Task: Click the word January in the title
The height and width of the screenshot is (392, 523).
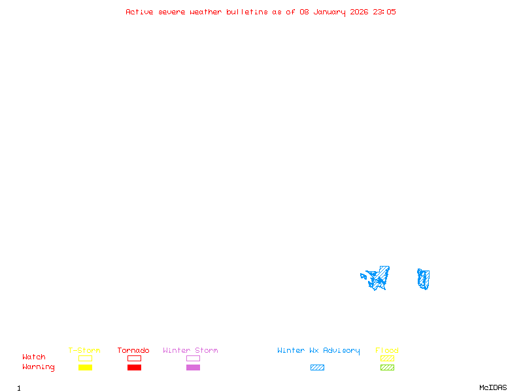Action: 329,12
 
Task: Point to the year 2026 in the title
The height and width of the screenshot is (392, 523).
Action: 359,12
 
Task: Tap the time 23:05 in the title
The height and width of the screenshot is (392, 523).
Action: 384,12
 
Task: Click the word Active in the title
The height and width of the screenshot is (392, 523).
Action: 139,12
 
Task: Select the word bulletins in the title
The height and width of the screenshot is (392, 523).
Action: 247,12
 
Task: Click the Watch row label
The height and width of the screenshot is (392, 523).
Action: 34,357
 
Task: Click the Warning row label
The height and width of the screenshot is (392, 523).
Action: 39,367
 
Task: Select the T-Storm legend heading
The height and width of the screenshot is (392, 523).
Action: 84,350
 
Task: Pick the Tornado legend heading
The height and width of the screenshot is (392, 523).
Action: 133,350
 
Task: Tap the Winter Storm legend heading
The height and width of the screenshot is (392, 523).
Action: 190,350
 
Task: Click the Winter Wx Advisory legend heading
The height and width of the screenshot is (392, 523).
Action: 318,351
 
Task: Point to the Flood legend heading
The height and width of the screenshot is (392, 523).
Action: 387,350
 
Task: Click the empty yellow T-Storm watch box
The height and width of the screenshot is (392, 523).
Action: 86,358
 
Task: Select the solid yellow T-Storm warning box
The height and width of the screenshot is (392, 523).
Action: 86,367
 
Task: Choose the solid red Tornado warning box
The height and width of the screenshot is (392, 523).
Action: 135,367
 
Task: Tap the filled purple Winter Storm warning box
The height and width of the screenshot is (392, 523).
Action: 193,367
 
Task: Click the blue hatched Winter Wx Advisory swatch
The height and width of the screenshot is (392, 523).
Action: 317,367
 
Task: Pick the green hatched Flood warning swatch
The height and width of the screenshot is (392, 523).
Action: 387,367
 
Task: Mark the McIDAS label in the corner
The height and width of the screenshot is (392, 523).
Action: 493,387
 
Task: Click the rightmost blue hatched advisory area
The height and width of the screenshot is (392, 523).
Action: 424,279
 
